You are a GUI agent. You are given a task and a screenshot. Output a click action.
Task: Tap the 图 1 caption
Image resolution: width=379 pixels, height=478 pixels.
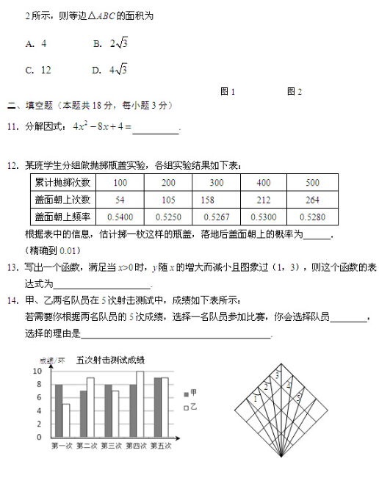[228, 92]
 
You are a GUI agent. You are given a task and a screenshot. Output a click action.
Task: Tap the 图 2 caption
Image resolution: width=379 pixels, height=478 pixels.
[295, 92]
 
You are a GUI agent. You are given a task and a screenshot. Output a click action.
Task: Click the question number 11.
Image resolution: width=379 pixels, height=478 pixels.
[12, 127]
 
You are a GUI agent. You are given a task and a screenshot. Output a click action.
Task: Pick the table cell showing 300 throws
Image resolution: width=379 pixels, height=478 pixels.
[216, 183]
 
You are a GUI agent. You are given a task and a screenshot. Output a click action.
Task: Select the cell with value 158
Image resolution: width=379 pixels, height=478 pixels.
[207, 200]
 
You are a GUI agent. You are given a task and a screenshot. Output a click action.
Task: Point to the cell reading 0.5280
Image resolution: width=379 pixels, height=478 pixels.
[312, 217]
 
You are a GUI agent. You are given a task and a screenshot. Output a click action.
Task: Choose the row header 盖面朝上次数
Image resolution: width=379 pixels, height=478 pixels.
[62, 200]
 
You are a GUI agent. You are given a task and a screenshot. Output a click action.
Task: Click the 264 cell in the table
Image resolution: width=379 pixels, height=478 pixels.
[312, 200]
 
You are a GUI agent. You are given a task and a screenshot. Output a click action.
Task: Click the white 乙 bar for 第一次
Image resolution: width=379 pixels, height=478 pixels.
[66, 420]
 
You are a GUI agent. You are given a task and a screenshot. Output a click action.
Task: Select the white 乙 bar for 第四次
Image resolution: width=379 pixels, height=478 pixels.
[140, 404]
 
